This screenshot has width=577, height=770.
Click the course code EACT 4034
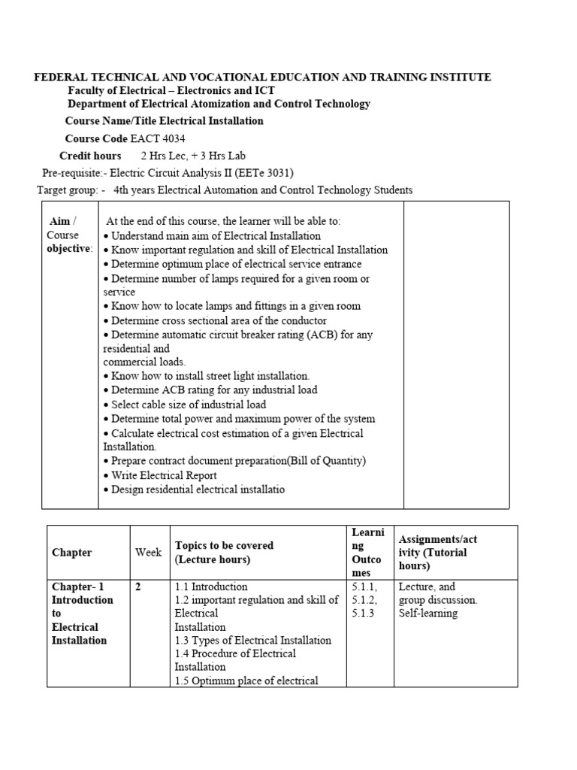coord(158,138)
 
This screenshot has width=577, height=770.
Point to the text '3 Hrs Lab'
coord(219,156)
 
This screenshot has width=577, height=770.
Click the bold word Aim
coord(59,221)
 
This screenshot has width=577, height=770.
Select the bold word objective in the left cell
coord(69,249)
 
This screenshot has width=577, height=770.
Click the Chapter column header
coord(72,553)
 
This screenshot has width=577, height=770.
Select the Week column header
coord(149,553)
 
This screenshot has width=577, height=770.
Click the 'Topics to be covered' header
coord(224,546)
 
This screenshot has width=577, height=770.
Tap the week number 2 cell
coord(138,587)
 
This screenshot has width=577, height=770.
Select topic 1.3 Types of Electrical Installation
coord(252,641)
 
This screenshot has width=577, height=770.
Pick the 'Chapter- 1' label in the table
coord(78,587)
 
